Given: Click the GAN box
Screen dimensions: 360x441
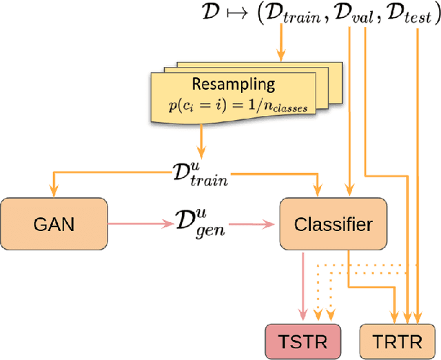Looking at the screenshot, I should point(53,225).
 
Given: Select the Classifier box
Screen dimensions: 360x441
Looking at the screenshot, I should point(334,225).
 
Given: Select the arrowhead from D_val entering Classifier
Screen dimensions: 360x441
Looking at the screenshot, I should point(351,192).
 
